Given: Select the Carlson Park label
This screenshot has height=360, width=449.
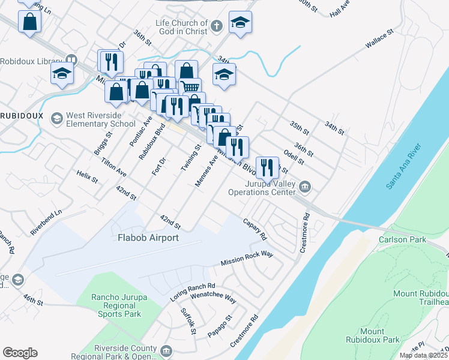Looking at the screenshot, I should (x=402, y=239).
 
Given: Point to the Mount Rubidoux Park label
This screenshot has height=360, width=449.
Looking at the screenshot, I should (x=372, y=335).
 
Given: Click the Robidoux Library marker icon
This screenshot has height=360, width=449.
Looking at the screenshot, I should (x=71, y=60).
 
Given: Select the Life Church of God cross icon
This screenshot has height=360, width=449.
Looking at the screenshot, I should (x=217, y=26).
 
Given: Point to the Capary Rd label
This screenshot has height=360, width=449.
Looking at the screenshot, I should (x=254, y=229).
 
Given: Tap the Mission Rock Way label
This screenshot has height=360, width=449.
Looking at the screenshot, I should (x=247, y=259).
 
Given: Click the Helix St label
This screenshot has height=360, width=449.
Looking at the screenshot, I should (x=87, y=176).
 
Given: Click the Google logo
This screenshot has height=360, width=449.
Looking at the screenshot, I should (x=20, y=353).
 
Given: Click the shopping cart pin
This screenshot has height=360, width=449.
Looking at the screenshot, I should (x=190, y=88).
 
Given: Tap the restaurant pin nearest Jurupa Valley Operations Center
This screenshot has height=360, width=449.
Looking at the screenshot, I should (x=267, y=167).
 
